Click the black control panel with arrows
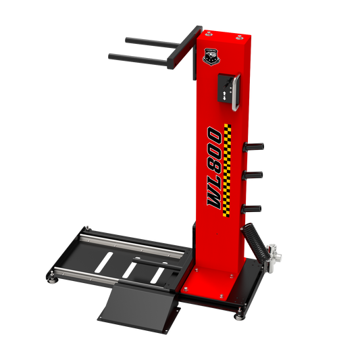coord(226,88)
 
